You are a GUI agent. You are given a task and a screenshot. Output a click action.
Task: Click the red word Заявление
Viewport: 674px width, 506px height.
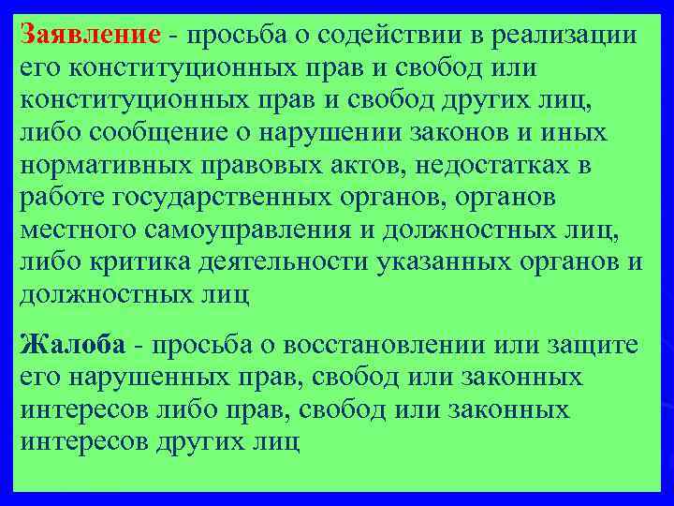click(91, 35)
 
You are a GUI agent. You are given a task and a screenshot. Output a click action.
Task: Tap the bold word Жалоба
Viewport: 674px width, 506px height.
click(72, 345)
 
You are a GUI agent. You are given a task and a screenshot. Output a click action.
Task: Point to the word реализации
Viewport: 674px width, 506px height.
click(567, 35)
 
